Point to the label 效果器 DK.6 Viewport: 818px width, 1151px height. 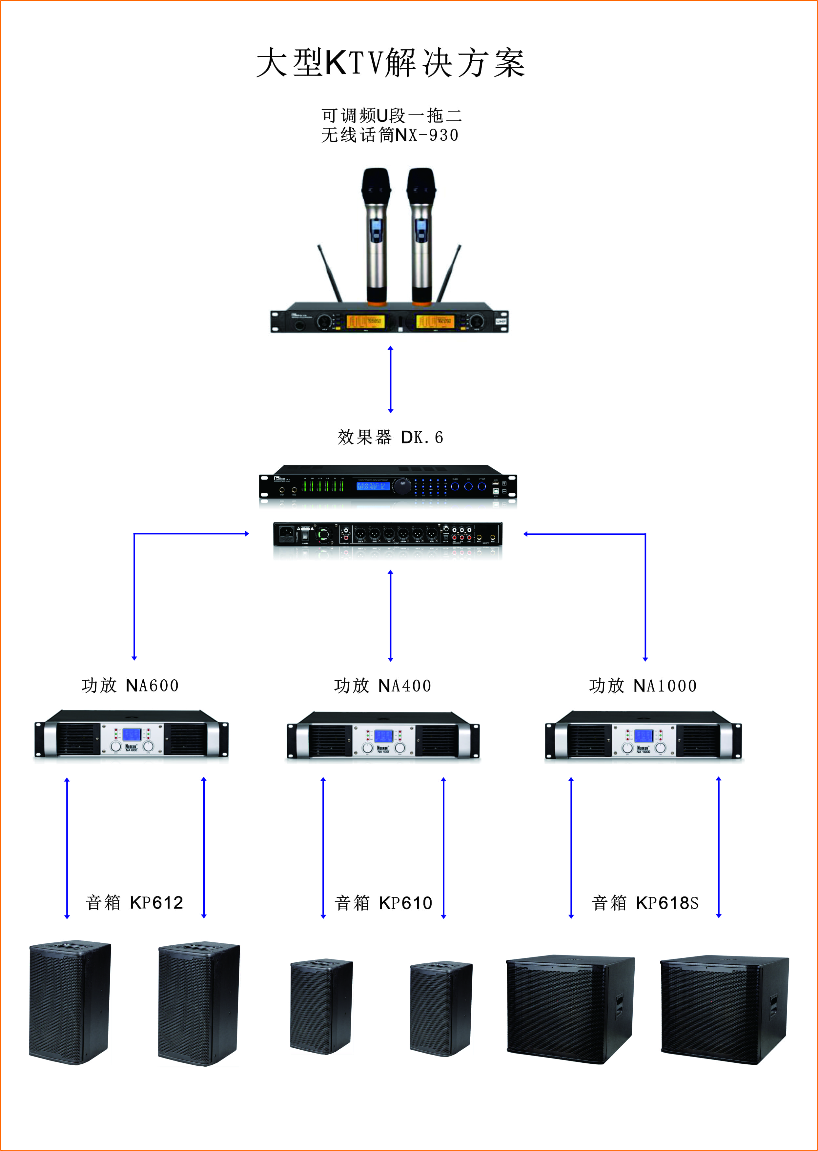coord(390,437)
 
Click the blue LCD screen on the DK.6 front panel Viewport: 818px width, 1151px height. coord(373,486)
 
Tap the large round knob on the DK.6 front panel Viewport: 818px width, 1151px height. coord(402,486)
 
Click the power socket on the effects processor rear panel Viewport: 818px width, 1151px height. coord(287,532)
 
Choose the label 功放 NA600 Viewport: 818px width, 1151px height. coord(130,686)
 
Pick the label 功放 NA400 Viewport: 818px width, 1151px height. coord(383,686)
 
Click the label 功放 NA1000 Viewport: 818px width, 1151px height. coord(643,686)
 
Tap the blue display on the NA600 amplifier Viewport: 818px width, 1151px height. coord(132,734)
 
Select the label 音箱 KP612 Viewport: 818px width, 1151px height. coord(134,903)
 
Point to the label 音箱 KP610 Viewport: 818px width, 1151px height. coord(383,903)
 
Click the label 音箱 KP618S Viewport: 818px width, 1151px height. coord(645,903)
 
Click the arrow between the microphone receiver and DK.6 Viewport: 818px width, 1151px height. coord(390,379)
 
